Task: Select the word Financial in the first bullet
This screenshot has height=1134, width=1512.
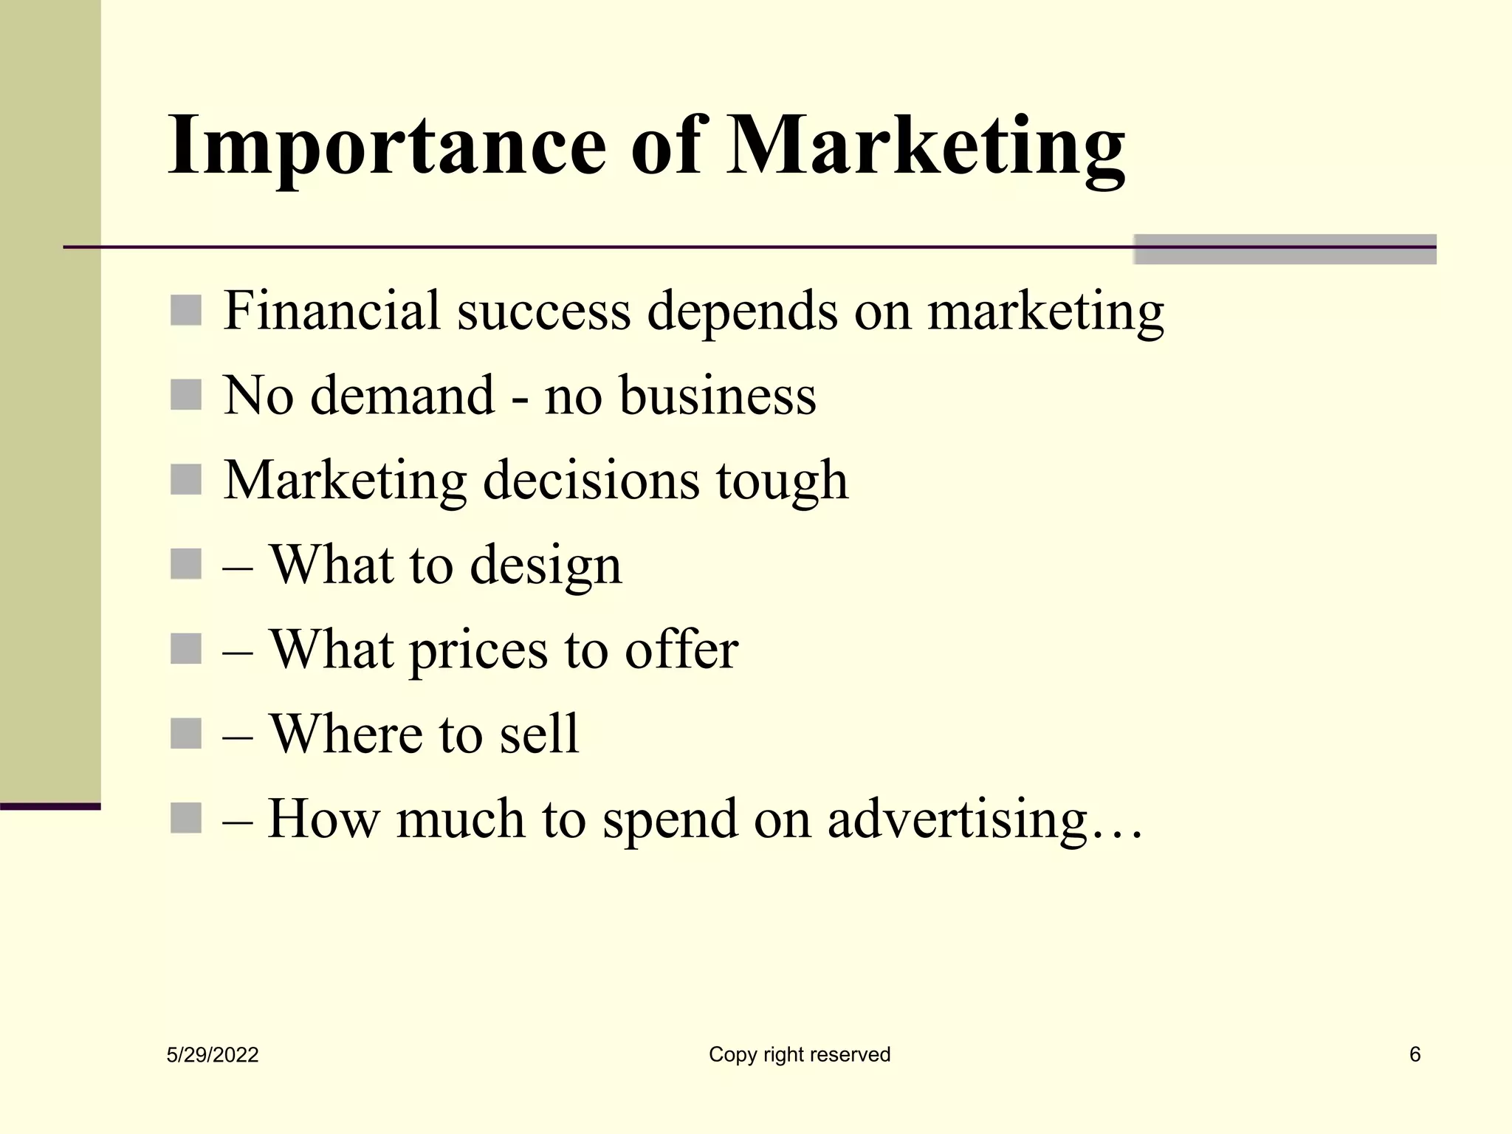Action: (332, 310)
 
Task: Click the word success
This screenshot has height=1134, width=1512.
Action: (544, 312)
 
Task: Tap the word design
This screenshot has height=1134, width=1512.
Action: (546, 566)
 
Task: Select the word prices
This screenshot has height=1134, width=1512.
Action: (478, 650)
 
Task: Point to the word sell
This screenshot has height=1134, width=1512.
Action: (539, 734)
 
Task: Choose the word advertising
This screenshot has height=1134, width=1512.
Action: (957, 819)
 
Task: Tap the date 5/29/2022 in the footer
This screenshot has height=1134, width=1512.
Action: (213, 1055)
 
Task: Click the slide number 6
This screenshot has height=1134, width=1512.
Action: (1415, 1054)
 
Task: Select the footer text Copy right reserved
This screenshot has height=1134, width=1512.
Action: (800, 1054)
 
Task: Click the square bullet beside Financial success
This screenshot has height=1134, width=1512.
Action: (186, 310)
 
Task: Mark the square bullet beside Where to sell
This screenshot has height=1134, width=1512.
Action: (186, 734)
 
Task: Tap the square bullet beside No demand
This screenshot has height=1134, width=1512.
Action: (186, 395)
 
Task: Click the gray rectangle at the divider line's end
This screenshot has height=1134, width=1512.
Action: (1285, 250)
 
